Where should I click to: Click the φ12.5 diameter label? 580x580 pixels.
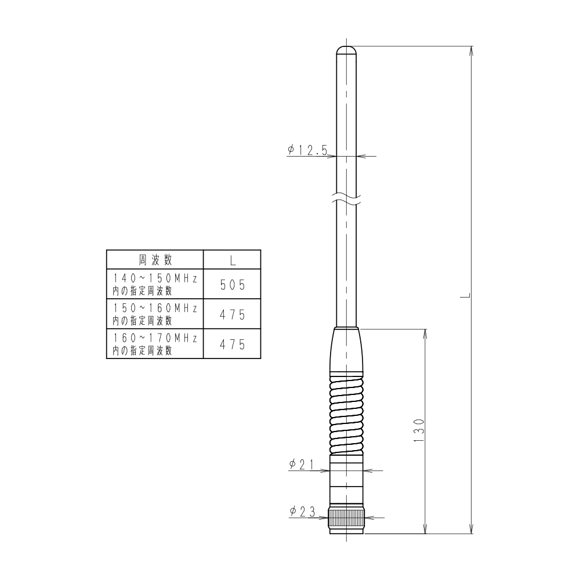[307, 150]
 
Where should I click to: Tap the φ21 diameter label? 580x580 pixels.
[301, 464]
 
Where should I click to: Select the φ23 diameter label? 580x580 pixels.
[302, 511]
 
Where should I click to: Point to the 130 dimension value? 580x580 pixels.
[419, 430]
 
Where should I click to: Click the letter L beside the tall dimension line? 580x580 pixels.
[465, 295]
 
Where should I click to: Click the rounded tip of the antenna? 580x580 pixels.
[346, 49]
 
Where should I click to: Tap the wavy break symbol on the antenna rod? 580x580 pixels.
[346, 198]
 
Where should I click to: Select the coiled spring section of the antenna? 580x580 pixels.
[346, 413]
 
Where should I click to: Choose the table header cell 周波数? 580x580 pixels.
[155, 258]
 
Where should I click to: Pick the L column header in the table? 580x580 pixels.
[232, 259]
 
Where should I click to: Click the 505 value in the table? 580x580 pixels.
[232, 284]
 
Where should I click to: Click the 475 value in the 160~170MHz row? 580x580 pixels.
[232, 344]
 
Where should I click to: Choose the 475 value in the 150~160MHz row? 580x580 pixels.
[232, 314]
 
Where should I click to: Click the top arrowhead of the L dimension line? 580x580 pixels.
[471, 50]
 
